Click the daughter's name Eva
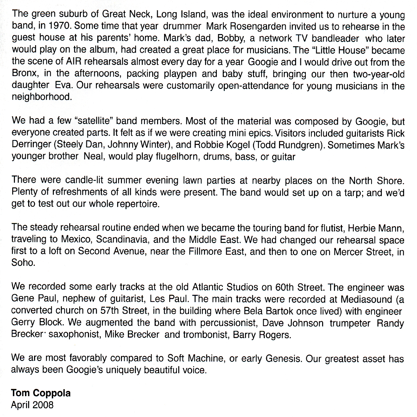coord(63,86)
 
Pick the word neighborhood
coord(41,97)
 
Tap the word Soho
coord(23,263)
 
